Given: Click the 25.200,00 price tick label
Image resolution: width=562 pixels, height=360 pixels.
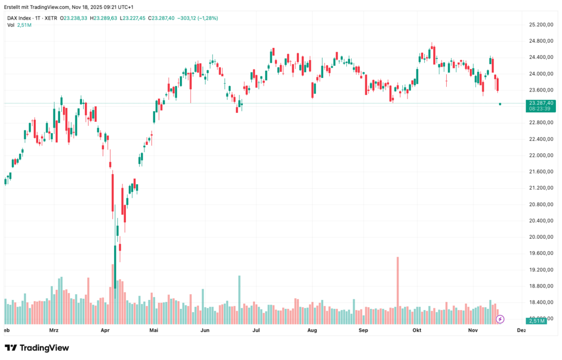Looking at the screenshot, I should tap(541, 25).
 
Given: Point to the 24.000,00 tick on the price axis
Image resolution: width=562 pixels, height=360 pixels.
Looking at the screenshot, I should tap(541, 74).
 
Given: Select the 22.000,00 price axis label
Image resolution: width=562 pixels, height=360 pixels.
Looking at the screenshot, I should tap(541, 156).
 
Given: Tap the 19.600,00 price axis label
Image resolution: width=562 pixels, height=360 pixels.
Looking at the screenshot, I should tap(541, 253).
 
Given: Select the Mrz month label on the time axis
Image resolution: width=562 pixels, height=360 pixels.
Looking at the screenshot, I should tap(54, 331).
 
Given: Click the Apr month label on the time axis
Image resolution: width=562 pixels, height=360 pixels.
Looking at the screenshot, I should tap(105, 331).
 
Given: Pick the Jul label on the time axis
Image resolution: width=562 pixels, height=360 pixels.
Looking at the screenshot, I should tap(256, 331).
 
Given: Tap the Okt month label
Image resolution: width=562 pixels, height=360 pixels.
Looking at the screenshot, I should tap(416, 331).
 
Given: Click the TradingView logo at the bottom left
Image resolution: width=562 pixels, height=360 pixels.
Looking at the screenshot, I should tap(37, 348).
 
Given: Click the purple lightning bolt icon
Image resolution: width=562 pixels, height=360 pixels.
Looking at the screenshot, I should tap(500, 319).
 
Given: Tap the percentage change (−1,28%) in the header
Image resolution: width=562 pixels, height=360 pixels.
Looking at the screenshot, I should tap(207, 18).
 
